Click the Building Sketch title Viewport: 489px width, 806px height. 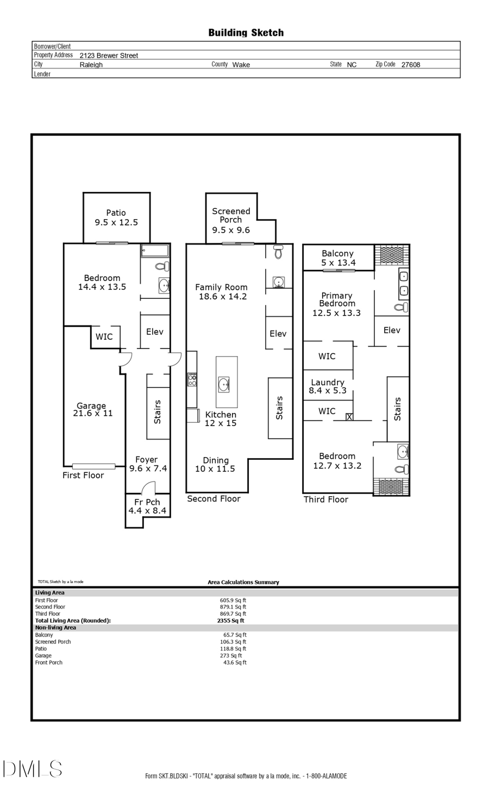click(x=246, y=33)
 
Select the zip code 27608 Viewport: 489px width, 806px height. click(x=410, y=65)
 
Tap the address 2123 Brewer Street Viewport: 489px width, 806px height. click(x=109, y=55)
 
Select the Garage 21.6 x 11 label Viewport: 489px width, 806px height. click(x=92, y=409)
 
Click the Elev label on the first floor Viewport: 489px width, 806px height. click(x=154, y=332)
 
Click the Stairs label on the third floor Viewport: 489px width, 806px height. click(x=397, y=409)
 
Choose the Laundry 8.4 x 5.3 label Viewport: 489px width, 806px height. click(x=327, y=386)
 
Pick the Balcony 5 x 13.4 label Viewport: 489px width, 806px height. click(x=337, y=258)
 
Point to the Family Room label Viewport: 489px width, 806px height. click(x=222, y=291)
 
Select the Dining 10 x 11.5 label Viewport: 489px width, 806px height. click(x=215, y=465)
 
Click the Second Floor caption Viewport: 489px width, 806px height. click(x=214, y=499)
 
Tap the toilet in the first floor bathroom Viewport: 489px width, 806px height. click(x=162, y=266)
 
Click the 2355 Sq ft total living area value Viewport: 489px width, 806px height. click(x=230, y=621)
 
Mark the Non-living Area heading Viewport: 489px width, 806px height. click(x=55, y=628)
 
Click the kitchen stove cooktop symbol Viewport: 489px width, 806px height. click(x=192, y=379)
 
